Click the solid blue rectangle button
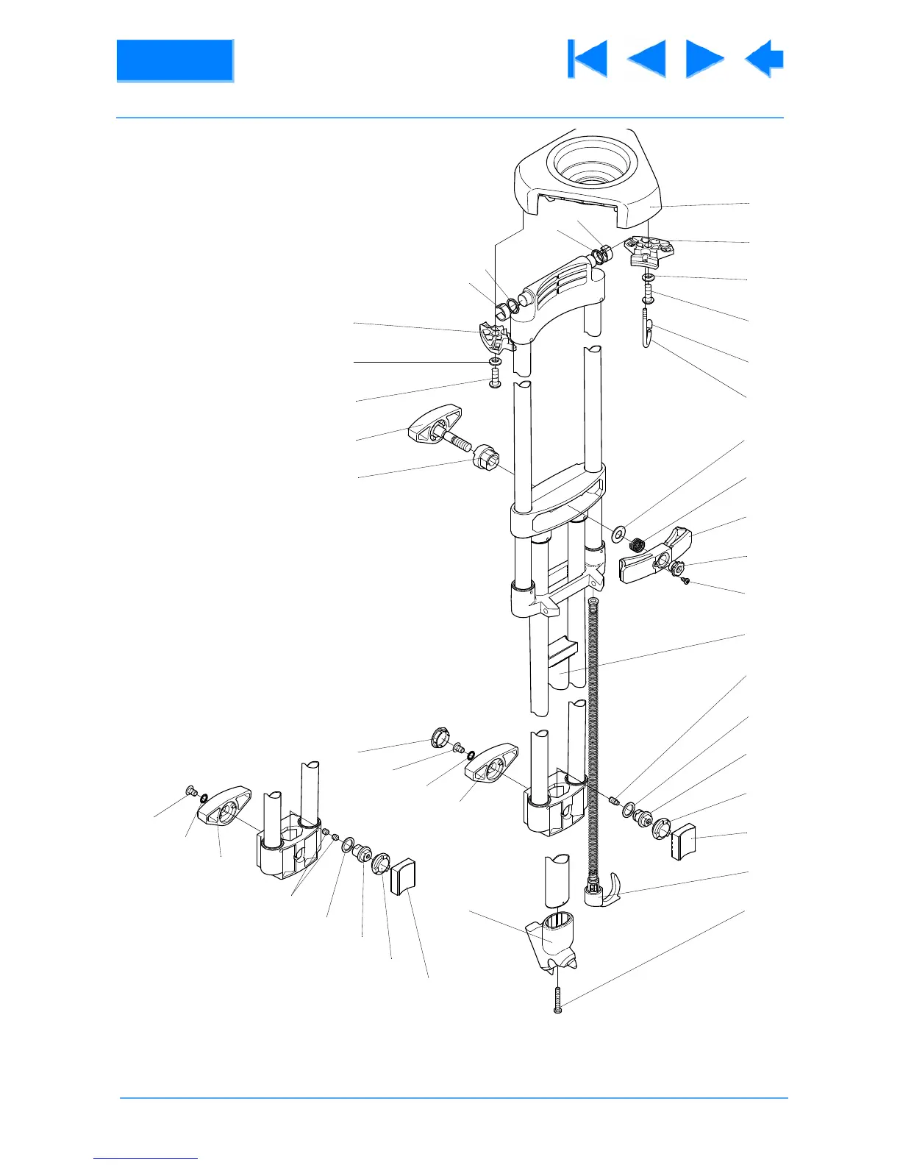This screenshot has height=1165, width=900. coord(175,60)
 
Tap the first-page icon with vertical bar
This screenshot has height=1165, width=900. coord(587,59)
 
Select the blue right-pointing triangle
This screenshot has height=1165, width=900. coord(704,59)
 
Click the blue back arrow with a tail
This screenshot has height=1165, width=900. coord(765,59)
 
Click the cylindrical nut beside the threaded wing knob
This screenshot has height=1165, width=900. coord(486,460)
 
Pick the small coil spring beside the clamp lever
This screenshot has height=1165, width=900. coord(637,546)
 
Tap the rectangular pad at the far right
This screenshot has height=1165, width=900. coord(684,841)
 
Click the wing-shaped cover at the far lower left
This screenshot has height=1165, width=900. coord(225,809)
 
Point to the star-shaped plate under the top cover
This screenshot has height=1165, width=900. coord(648,251)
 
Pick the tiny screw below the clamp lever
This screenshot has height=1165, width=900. coord(685,581)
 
